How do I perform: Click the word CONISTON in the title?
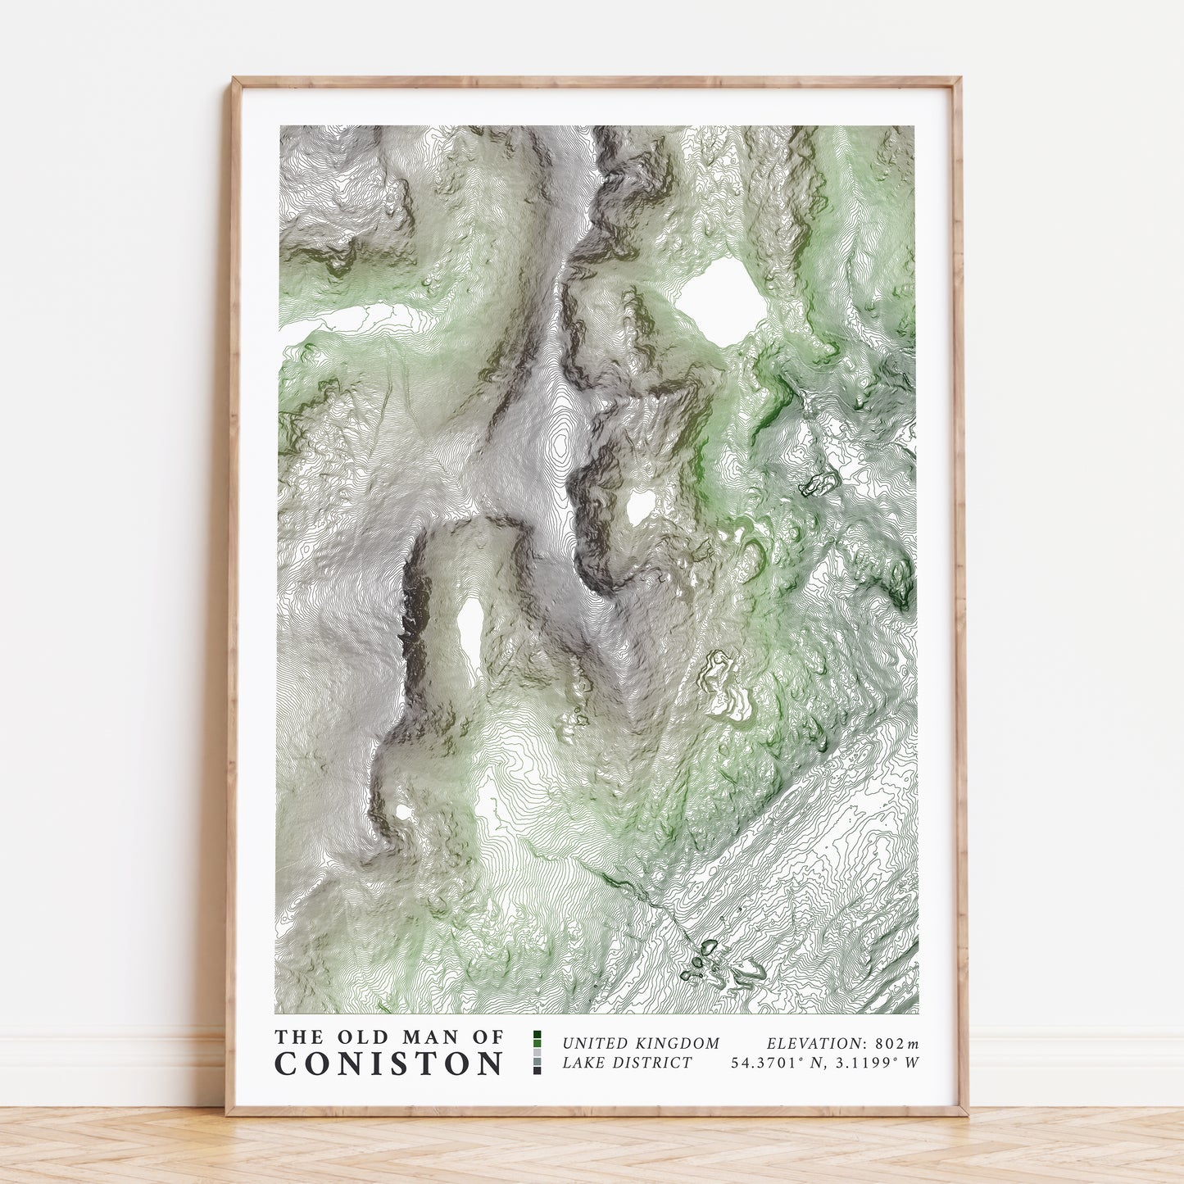click(388, 1064)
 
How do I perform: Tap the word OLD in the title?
click(350, 1037)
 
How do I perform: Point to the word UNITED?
click(595, 1044)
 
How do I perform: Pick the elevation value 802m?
click(897, 1044)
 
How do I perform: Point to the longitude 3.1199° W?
click(874, 1064)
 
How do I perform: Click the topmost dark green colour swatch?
click(538, 1035)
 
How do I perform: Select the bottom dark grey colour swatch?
click(538, 1069)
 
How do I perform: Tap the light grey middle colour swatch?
click(538, 1052)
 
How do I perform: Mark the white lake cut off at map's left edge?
click(328, 322)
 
